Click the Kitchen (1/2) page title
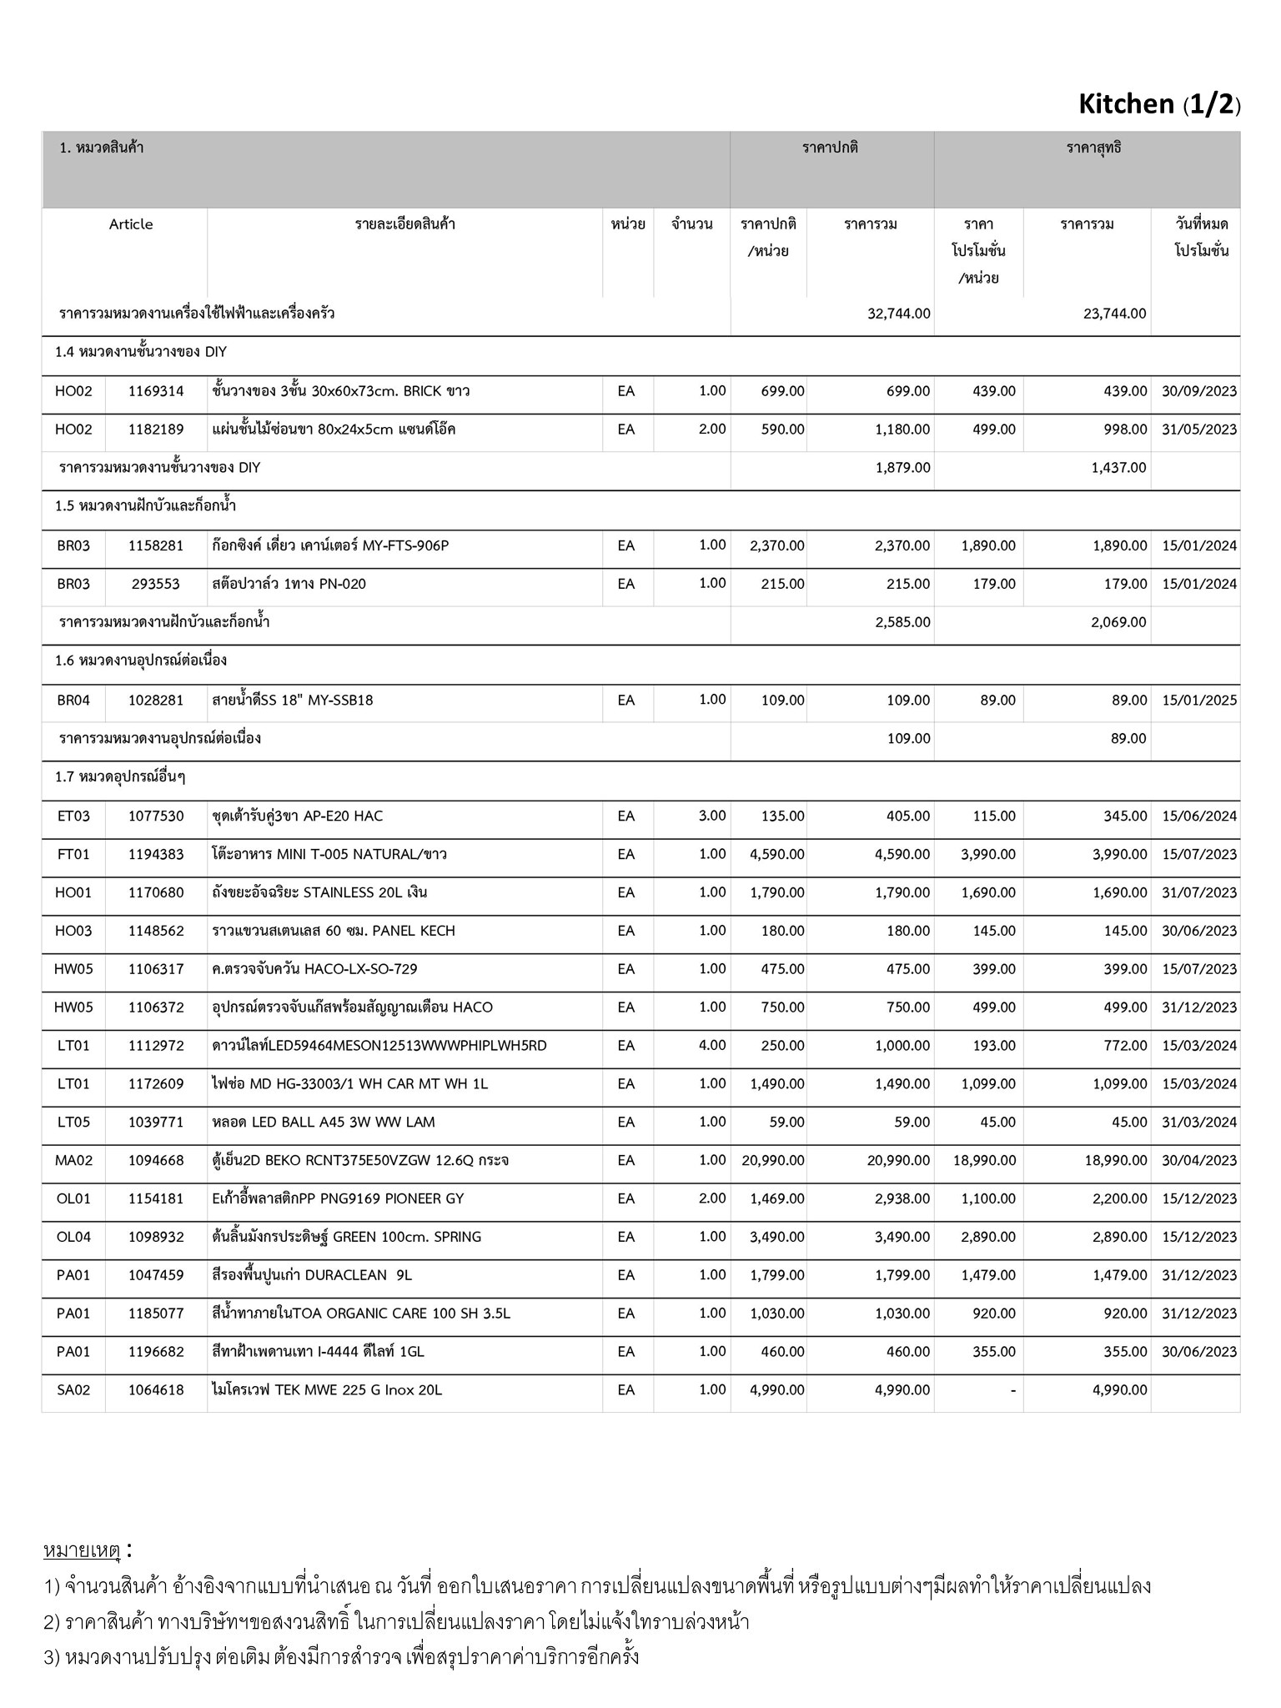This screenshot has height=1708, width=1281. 1158,104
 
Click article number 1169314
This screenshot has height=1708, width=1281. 156,391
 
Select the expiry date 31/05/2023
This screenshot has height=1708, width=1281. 1199,430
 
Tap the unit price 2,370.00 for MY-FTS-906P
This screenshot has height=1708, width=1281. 777,545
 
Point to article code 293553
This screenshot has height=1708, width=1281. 156,584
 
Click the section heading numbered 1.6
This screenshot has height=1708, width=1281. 141,661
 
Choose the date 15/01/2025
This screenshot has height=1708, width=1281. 1199,700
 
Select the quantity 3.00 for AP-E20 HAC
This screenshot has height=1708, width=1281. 712,816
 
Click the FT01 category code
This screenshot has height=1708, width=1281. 73,854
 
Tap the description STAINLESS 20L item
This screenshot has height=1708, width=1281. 319,892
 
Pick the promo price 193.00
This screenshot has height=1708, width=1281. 993,1046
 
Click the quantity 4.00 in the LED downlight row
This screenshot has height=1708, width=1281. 712,1046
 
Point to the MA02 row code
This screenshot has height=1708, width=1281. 73,1161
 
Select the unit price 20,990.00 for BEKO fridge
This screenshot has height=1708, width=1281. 773,1161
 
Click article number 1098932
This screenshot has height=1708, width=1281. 156,1237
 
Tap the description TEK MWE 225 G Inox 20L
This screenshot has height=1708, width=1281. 327,1390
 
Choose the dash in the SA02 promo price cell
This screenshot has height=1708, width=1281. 1012,1390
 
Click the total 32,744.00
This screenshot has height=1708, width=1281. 899,314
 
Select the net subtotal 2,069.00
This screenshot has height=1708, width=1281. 1118,622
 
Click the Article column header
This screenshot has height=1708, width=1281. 131,224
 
